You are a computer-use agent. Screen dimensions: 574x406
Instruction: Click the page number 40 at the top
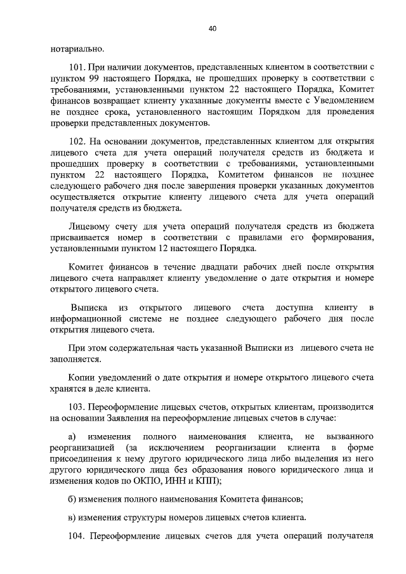coord(212,28)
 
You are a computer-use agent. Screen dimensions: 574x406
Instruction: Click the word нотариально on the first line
coord(75,49)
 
